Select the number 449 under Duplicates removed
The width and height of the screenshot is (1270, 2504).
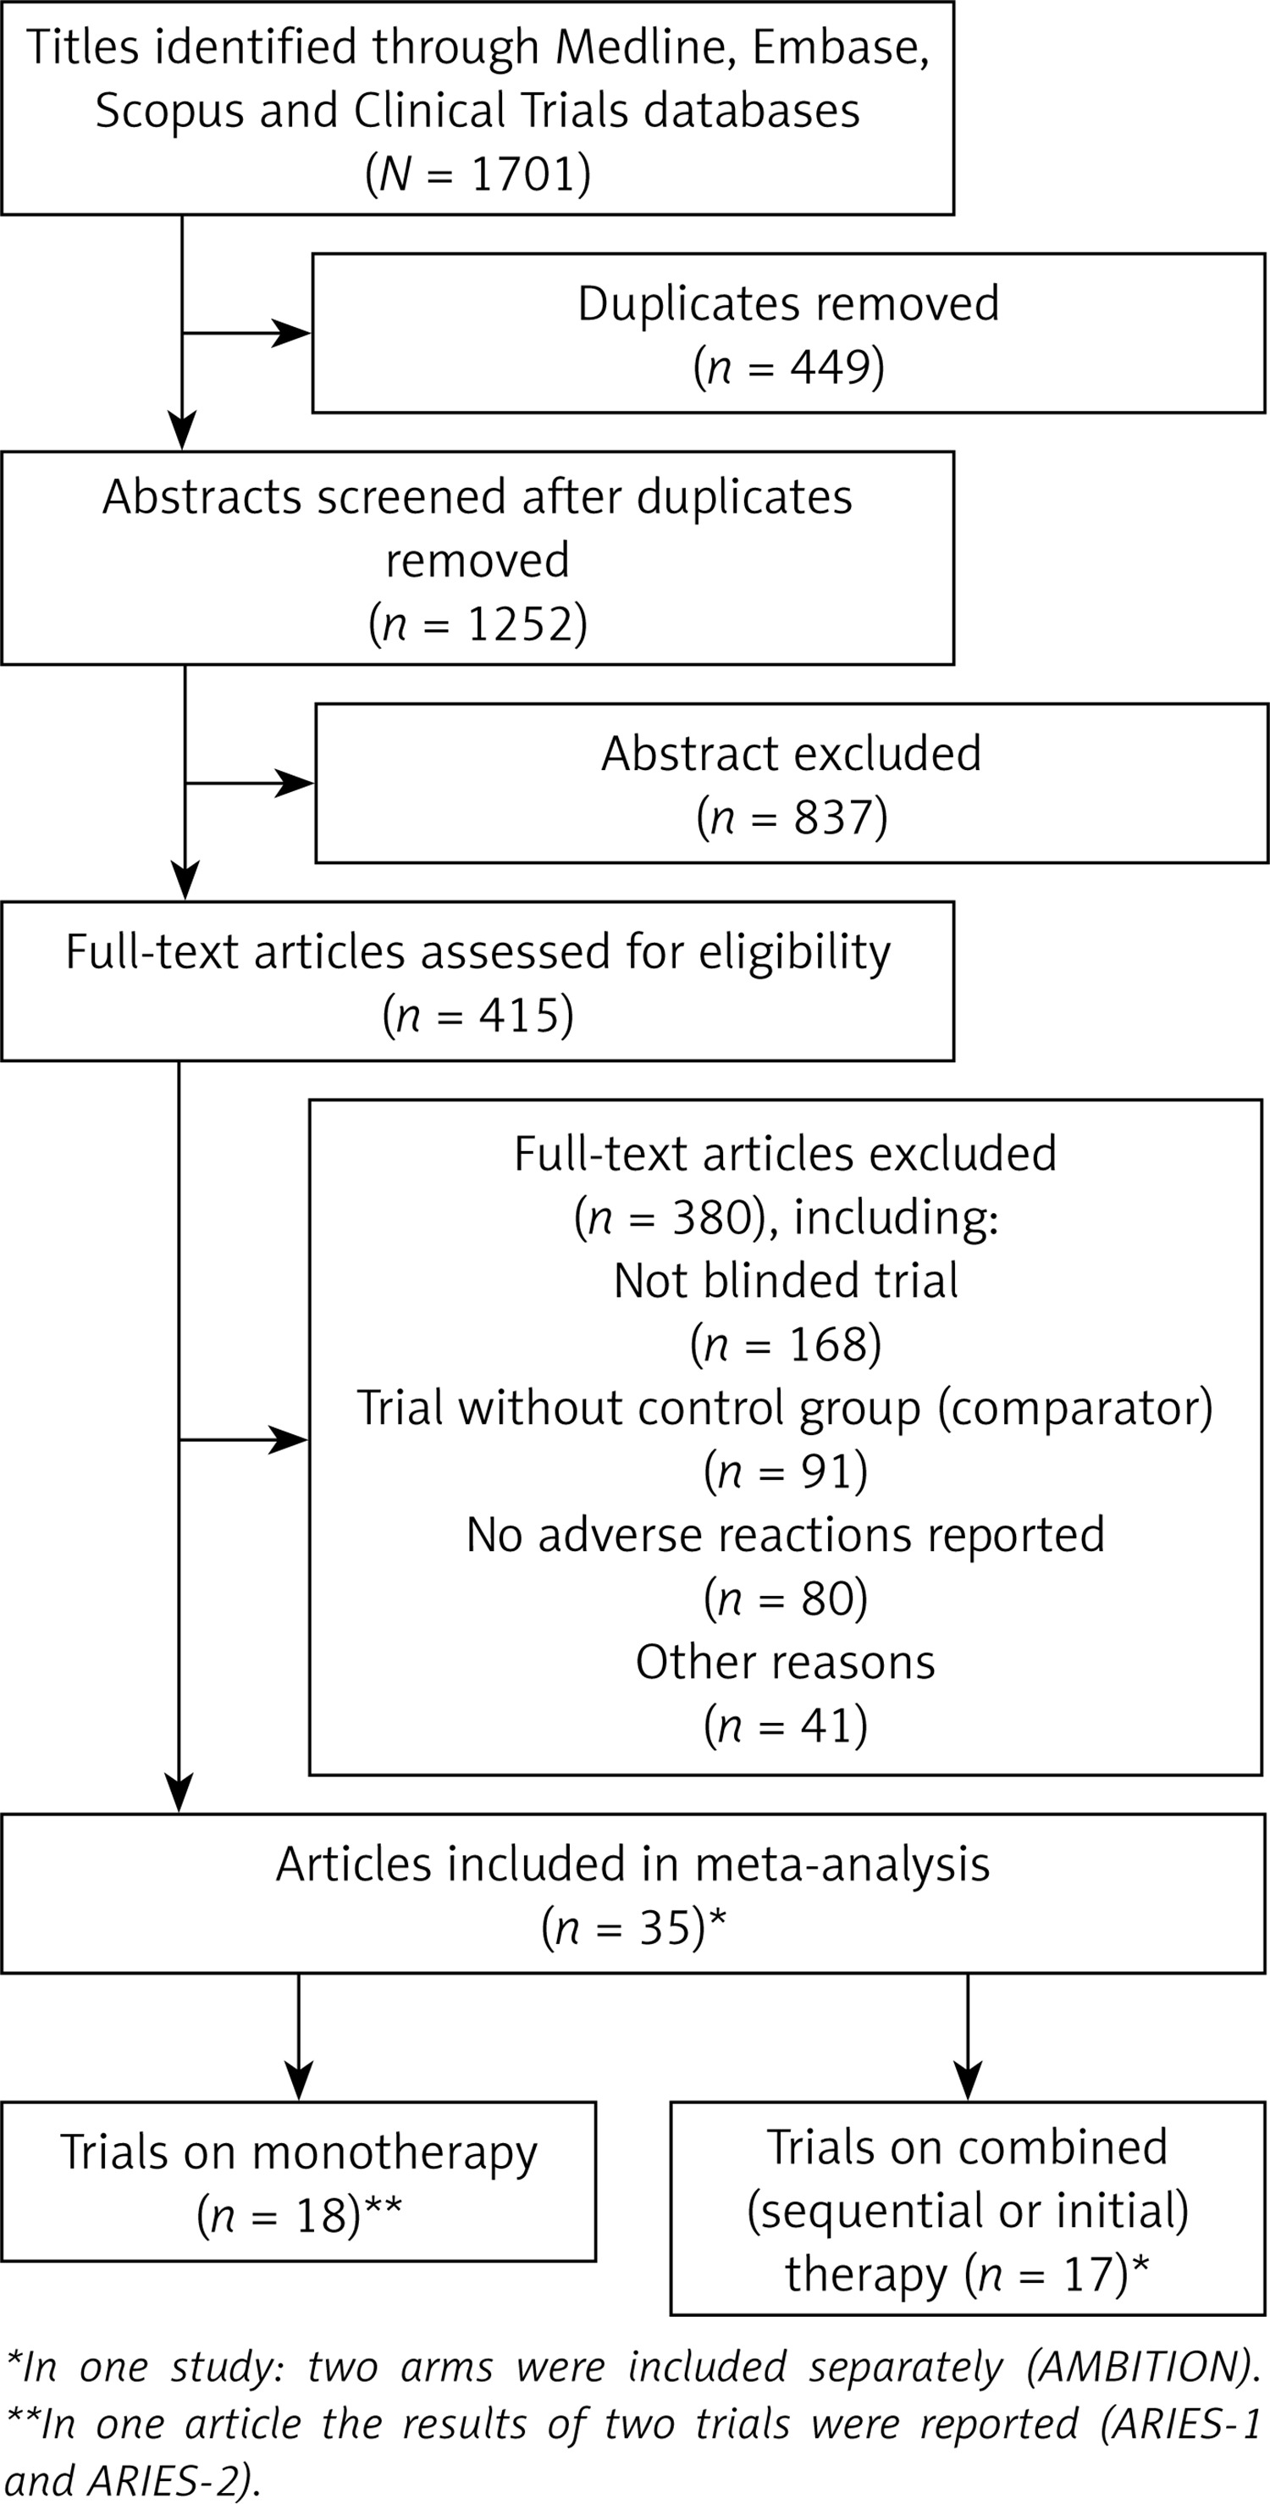831,367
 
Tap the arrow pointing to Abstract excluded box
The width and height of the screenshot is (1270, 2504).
250,783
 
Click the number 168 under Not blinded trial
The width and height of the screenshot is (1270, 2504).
828,1344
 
